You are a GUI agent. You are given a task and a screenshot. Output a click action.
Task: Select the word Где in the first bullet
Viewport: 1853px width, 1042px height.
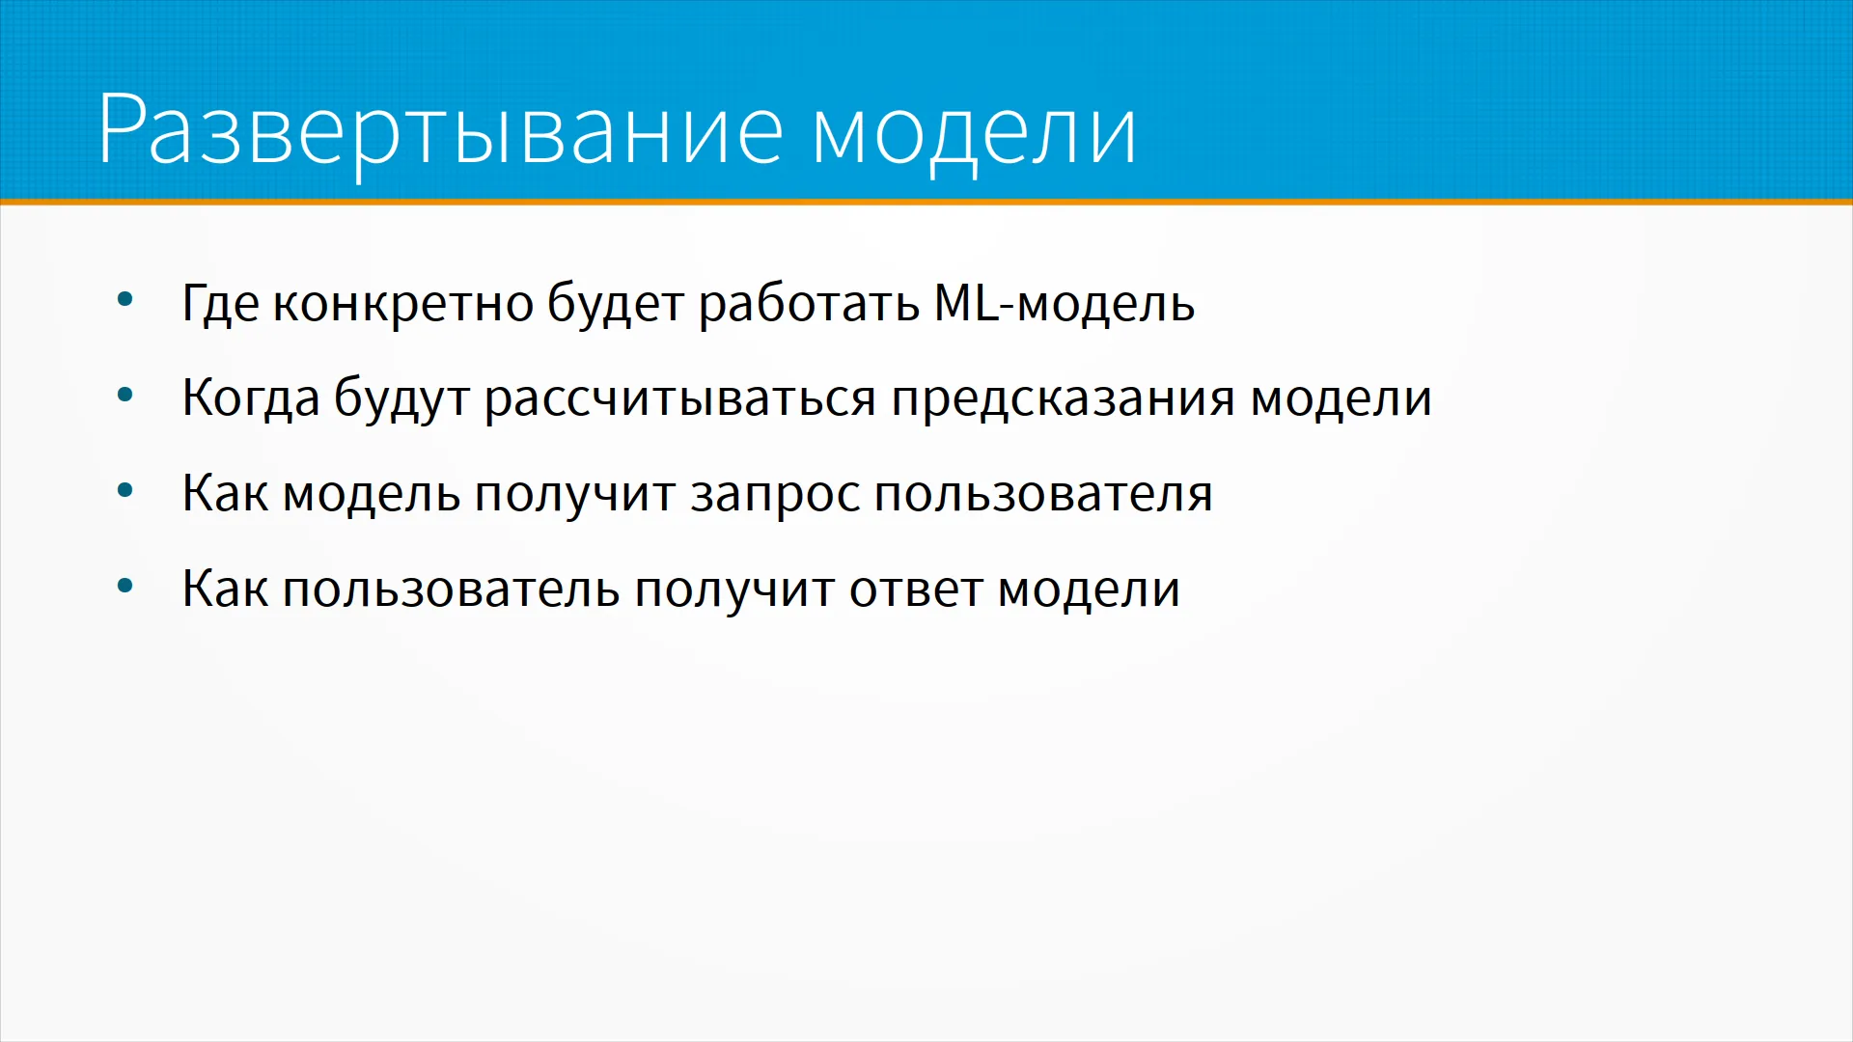tap(221, 304)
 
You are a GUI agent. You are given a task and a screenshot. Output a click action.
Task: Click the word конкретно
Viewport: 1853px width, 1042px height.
tap(403, 304)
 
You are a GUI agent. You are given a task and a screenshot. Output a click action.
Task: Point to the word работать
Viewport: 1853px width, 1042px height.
tap(810, 304)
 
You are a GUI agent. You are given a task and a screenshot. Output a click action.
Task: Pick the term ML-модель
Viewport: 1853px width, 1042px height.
tap(1065, 304)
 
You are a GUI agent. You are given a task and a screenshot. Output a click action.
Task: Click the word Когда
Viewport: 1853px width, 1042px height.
tap(251, 398)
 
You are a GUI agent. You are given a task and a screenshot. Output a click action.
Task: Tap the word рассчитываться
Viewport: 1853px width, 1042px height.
tap(680, 398)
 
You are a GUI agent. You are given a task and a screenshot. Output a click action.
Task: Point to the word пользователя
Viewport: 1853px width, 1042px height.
tap(1043, 494)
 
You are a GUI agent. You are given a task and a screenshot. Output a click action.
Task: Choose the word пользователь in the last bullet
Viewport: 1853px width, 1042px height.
tap(451, 589)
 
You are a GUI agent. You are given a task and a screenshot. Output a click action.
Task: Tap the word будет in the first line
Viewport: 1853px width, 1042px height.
tap(616, 304)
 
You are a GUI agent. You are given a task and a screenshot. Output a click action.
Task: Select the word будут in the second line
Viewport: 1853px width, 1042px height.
tap(401, 398)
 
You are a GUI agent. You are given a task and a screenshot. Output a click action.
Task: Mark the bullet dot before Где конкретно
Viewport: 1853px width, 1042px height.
tap(124, 300)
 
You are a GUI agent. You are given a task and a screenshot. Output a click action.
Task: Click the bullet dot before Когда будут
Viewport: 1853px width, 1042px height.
tap(124, 396)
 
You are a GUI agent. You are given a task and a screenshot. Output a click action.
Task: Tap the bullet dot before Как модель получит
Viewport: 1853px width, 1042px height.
tap(124, 491)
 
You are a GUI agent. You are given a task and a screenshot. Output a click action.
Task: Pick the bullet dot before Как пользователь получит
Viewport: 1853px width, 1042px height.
tap(124, 586)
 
